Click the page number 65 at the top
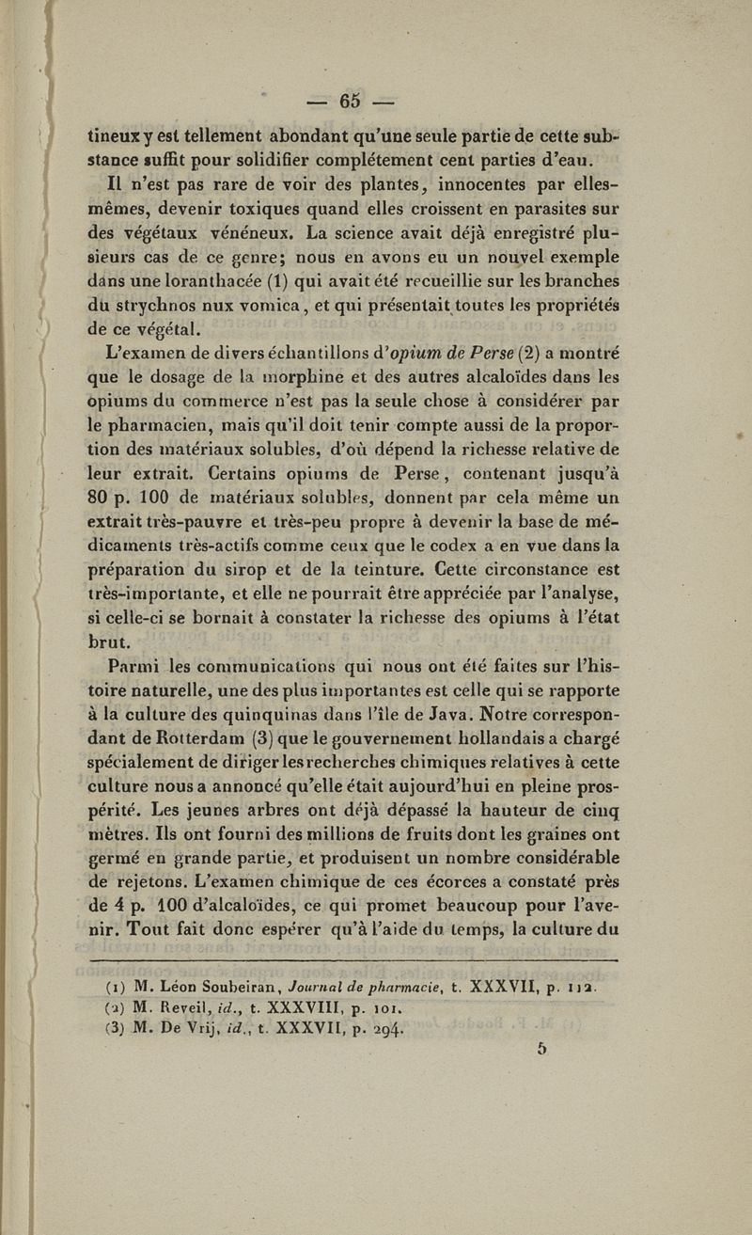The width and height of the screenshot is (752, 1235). tap(352, 101)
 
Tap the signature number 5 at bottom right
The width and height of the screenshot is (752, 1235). tap(542, 1048)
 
